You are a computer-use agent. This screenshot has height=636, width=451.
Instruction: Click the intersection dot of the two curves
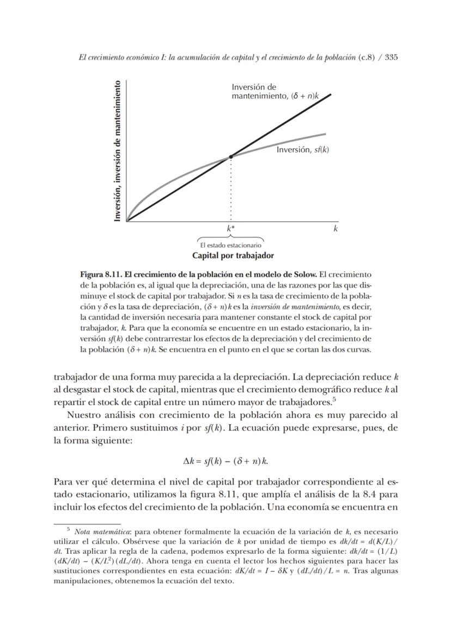click(231, 156)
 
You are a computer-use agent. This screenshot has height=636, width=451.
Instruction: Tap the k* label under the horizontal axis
click(231, 229)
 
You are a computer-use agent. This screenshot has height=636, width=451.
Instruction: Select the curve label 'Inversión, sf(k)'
click(302, 149)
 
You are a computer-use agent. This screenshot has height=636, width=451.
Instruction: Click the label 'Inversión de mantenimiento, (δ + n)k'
click(275, 91)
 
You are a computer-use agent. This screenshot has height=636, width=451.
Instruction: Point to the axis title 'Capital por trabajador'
click(233, 255)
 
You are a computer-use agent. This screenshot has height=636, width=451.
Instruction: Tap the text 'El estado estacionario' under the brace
click(231, 245)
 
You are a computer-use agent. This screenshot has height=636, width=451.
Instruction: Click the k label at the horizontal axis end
click(336, 229)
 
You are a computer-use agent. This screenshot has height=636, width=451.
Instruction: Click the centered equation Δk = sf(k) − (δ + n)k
click(225, 461)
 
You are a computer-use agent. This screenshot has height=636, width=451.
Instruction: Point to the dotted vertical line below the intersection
click(231, 191)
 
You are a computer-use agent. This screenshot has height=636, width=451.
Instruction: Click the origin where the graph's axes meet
click(127, 221)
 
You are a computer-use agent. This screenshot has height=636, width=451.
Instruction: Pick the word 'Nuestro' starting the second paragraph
click(82, 415)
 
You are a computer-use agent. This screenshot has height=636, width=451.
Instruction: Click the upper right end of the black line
click(330, 94)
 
